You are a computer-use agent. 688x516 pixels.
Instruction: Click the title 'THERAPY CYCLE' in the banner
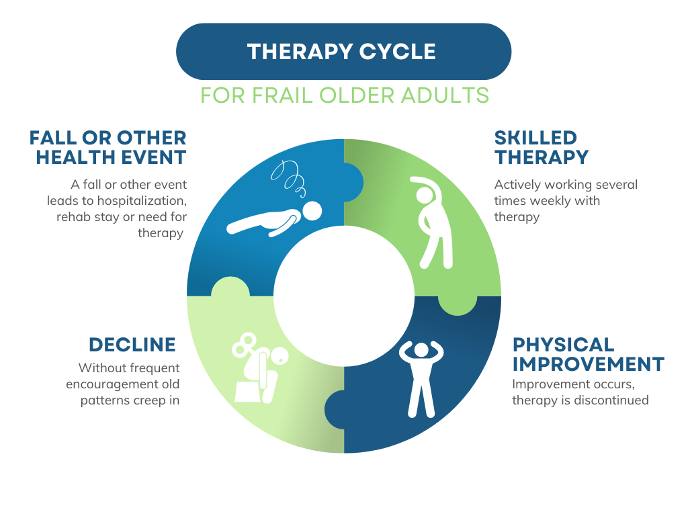(x=341, y=52)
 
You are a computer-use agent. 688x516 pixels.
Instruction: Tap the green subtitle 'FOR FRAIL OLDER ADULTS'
(x=344, y=95)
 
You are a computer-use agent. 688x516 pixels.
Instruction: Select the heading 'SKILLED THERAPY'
(x=541, y=148)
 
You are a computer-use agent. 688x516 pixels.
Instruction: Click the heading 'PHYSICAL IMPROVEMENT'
(x=588, y=354)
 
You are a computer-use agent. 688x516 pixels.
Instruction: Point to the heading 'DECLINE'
(x=132, y=345)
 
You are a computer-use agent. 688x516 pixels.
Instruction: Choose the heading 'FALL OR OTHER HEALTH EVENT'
(x=107, y=148)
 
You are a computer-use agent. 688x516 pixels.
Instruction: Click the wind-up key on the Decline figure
(x=243, y=347)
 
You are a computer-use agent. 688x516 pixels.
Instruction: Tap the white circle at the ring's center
(x=344, y=296)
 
